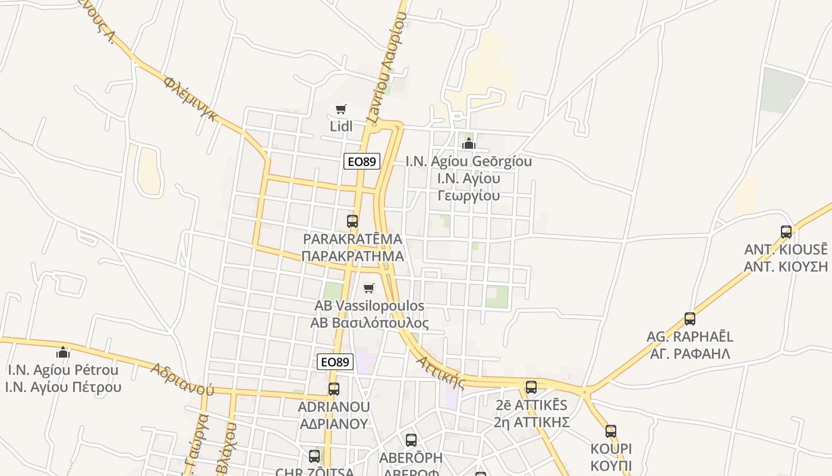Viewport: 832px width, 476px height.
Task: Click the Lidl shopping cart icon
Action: tap(341, 109)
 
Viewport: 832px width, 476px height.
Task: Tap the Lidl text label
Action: tap(341, 126)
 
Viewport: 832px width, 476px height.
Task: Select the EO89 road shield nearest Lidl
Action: tap(361, 161)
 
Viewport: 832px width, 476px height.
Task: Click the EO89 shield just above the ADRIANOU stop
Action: tap(335, 362)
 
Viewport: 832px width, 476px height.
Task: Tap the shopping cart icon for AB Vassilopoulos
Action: tap(369, 289)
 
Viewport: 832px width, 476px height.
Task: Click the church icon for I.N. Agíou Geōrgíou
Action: tap(469, 143)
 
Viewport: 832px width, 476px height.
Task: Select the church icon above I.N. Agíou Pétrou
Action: tap(63, 352)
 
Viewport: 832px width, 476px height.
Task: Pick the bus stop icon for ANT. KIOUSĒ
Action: tap(786, 232)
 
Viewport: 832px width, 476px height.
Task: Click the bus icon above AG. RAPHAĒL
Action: tap(690, 319)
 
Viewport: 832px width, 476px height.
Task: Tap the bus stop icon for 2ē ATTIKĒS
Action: tap(531, 387)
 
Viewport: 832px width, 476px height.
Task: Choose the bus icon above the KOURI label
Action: tap(611, 431)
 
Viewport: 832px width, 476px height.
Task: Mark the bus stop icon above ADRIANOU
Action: tap(334, 389)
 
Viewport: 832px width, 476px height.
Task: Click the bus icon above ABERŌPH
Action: tap(411, 440)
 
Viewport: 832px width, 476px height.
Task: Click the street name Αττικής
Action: tap(440, 371)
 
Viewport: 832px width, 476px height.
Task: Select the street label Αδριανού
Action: tap(182, 379)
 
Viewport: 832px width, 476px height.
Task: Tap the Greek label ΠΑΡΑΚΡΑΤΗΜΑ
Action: tap(352, 256)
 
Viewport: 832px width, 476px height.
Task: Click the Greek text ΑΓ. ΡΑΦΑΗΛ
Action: tap(690, 353)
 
